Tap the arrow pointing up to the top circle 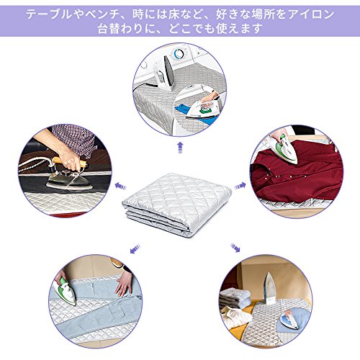(180, 148)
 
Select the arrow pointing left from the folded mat (120, 186)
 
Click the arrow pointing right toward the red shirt (240, 186)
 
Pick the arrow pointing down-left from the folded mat (135, 248)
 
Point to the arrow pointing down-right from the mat (235, 248)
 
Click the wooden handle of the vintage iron (69, 161)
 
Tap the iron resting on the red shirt (283, 149)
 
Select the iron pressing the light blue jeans (65, 292)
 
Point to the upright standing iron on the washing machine (166, 73)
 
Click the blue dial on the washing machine (178, 53)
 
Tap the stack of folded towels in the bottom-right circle (235, 298)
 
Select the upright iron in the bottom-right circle (270, 287)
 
